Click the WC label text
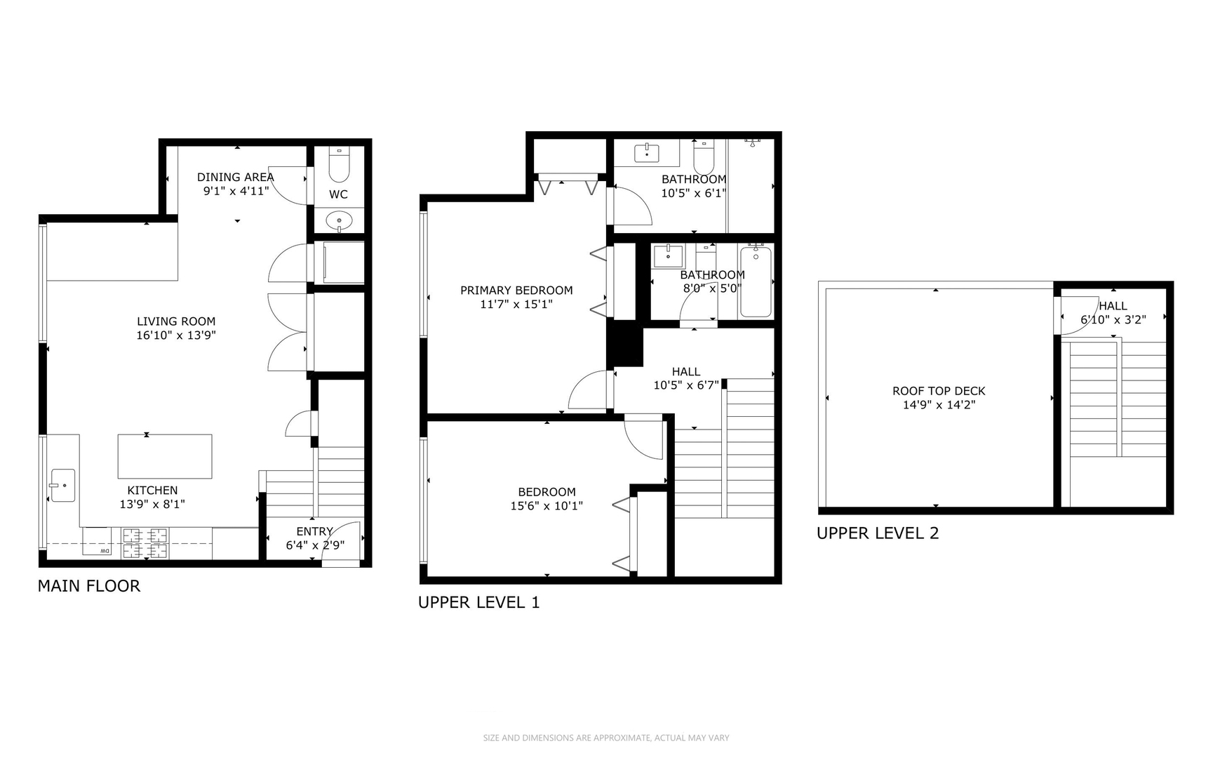pos(338,194)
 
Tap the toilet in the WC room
pos(339,165)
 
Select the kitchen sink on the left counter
pos(62,486)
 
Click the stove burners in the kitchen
pos(146,544)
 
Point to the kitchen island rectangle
pos(165,456)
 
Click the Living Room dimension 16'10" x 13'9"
pos(176,335)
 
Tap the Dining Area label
pos(235,178)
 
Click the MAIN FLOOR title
pos(89,586)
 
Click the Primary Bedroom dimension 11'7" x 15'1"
pos(516,305)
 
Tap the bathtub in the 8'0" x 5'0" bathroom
pos(756,281)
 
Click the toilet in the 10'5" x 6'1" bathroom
pos(704,159)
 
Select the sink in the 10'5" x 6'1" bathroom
pos(647,153)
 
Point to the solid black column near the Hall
pos(625,343)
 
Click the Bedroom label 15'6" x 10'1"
pos(547,499)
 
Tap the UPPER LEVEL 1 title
pos(479,602)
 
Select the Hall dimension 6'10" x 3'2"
pos(1113,320)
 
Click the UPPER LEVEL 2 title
pos(878,533)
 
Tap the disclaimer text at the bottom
pos(606,738)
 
